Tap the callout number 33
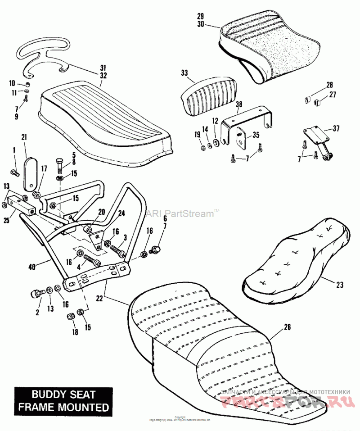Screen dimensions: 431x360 [184, 73]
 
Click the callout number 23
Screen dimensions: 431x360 [339, 284]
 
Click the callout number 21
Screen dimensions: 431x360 [24, 136]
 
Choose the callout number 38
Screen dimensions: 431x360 [238, 104]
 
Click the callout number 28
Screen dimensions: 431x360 [329, 85]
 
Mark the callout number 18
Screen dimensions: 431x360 [75, 332]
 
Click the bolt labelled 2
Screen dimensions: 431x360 [36, 294]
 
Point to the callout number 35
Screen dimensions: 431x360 [256, 135]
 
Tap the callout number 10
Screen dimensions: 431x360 [12, 83]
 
